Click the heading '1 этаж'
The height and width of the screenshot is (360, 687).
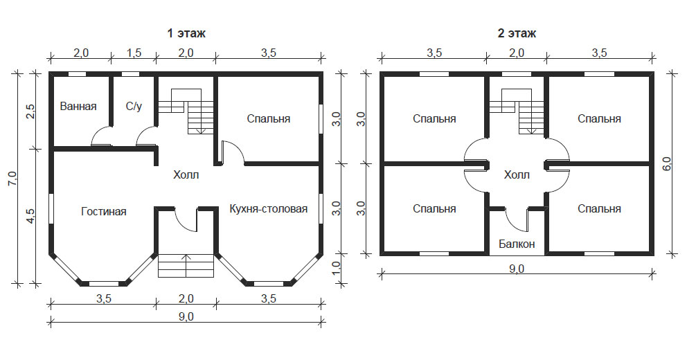[186, 33]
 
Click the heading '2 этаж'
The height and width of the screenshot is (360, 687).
[517, 33]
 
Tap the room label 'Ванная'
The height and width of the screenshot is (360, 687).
[78, 107]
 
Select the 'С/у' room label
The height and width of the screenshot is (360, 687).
[134, 107]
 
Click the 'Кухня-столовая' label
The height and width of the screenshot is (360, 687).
[269, 208]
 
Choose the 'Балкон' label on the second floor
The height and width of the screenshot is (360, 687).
[516, 244]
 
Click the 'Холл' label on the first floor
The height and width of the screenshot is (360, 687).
[186, 175]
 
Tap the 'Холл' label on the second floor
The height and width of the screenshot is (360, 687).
[516, 175]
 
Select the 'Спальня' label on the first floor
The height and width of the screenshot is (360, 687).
[269, 119]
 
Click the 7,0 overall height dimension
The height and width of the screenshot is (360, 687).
[10, 178]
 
